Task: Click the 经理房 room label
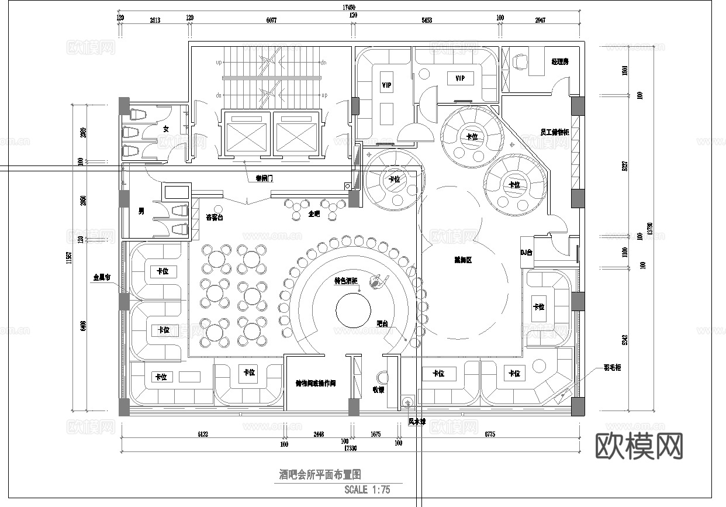click(559, 61)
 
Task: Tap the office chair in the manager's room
click(520, 60)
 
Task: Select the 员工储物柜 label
click(554, 133)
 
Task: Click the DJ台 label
click(526, 253)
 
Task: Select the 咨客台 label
click(215, 218)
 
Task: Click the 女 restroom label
click(165, 129)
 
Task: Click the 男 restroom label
click(141, 211)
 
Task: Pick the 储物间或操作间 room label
click(315, 384)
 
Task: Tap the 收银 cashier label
click(378, 389)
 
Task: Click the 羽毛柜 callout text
click(612, 368)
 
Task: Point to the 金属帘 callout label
click(101, 278)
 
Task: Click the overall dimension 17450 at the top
click(348, 8)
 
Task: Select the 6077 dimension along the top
click(271, 20)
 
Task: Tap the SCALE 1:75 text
click(367, 489)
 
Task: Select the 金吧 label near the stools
click(314, 214)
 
